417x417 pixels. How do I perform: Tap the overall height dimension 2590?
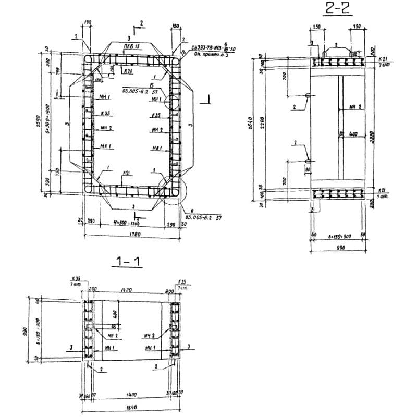(45, 123)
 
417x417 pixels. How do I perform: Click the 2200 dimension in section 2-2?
(265, 123)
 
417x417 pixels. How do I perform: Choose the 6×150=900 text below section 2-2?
(339, 236)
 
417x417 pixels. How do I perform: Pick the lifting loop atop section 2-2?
(324, 53)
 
